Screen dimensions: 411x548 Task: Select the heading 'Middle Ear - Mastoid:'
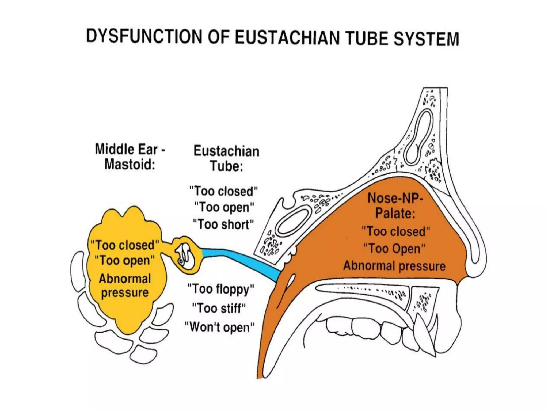(130, 157)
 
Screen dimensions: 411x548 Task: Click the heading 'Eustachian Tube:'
(226, 158)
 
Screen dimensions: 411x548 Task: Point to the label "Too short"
(223, 224)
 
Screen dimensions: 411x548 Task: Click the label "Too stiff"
(219, 308)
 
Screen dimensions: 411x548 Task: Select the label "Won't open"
(220, 327)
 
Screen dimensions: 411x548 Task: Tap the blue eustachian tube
(241, 260)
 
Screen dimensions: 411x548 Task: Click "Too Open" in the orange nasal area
(394, 248)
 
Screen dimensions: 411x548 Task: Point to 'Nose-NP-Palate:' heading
(395, 205)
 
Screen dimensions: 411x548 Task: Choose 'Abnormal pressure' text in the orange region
(394, 266)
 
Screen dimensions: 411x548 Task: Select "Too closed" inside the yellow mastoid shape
(125, 245)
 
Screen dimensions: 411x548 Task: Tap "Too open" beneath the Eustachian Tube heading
(224, 207)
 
